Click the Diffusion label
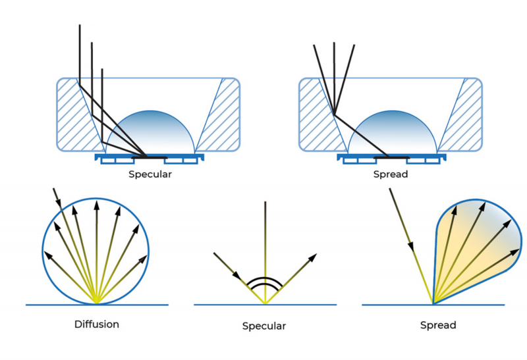[x=96, y=324]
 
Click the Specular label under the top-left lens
[x=150, y=175]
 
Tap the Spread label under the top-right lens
[x=390, y=175]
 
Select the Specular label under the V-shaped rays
[x=264, y=326]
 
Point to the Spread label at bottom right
[x=438, y=325]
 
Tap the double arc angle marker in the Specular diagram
[x=264, y=283]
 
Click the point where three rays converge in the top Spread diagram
[x=335, y=115]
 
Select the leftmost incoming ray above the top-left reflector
[x=79, y=53]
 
